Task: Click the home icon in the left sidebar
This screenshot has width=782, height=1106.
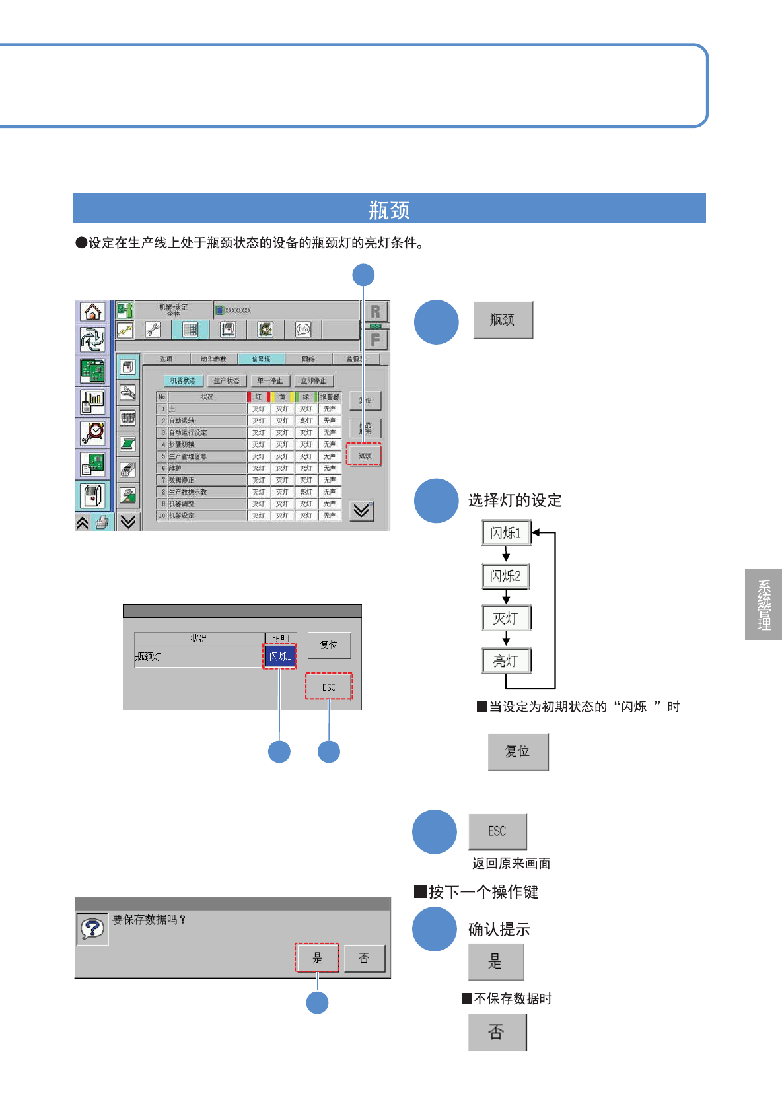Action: (92, 312)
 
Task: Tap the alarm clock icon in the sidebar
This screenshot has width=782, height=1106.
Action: (92, 432)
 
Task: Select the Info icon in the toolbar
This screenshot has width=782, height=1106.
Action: (303, 329)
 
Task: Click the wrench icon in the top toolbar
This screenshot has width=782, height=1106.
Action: (153, 329)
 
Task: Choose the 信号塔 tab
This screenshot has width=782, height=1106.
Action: (261, 359)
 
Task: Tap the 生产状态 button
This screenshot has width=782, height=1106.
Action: (226, 381)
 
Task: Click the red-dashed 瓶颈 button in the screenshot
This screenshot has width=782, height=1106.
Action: (365, 455)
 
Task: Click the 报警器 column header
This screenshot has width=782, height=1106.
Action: (329, 397)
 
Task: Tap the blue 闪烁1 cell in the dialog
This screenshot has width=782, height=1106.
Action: (280, 656)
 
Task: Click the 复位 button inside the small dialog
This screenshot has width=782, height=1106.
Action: (329, 645)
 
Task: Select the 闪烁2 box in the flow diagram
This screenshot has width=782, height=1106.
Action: (506, 576)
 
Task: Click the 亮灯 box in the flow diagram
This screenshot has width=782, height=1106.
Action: (506, 660)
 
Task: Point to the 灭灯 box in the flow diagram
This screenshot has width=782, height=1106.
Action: (506, 619)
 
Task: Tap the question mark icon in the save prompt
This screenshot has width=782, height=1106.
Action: (92, 928)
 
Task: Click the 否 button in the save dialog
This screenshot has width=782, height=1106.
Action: (364, 958)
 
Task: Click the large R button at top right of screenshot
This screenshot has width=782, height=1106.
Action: (375, 312)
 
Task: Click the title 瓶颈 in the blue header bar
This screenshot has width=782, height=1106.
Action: (389, 209)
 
